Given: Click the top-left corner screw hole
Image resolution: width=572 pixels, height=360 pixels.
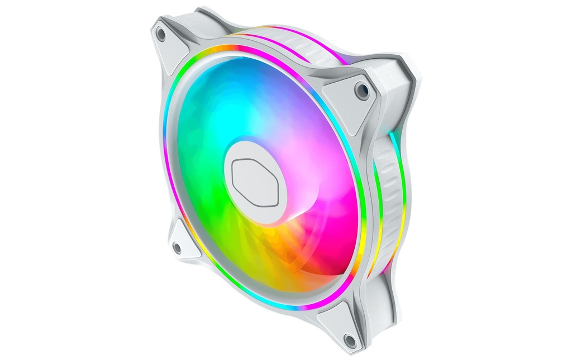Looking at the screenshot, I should pyautogui.click(x=161, y=34).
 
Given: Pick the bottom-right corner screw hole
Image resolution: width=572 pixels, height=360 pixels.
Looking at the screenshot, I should pyautogui.click(x=350, y=339).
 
